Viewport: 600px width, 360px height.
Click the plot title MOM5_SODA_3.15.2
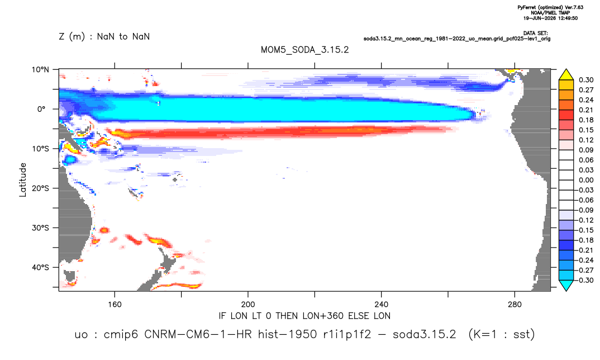click(x=304, y=50)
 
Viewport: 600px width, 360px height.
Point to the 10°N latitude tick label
click(x=40, y=70)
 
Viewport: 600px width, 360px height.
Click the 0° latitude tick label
click(x=41, y=109)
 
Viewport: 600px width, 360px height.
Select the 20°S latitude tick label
click(x=40, y=188)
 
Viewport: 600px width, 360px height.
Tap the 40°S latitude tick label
click(x=40, y=267)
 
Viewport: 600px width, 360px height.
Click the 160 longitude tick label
click(x=115, y=305)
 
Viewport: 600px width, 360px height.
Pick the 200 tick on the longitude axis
click(x=248, y=305)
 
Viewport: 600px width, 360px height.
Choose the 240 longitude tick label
click(x=381, y=305)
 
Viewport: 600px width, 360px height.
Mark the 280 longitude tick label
click(x=515, y=305)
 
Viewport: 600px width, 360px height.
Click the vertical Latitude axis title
click(x=23, y=180)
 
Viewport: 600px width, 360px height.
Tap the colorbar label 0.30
click(x=586, y=80)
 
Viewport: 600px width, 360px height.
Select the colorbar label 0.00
click(x=586, y=181)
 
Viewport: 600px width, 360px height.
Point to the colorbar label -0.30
click(x=584, y=280)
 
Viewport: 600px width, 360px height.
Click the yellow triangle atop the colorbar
click(x=566, y=75)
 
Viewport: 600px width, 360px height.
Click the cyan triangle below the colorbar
click(x=566, y=285)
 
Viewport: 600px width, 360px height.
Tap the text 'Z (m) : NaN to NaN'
click(x=104, y=37)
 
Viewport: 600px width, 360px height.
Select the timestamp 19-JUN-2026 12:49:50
click(x=550, y=18)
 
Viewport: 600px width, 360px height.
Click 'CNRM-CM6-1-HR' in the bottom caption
click(x=198, y=334)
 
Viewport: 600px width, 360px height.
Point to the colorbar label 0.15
click(x=586, y=130)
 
